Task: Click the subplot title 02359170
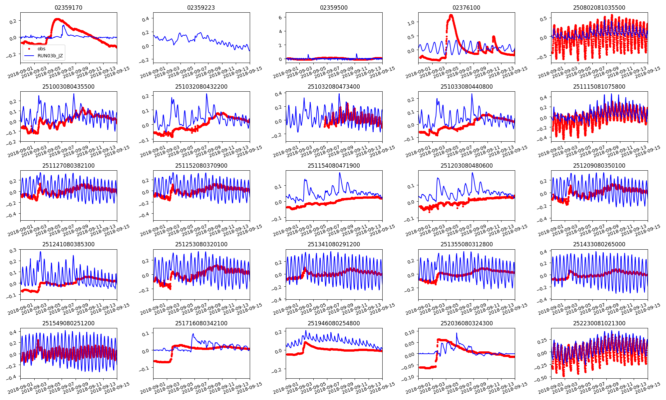68,8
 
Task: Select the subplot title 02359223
201,8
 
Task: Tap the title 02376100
466,8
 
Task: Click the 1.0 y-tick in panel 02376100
411,23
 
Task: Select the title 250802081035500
599,8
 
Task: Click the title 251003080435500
68,87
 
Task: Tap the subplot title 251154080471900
334,166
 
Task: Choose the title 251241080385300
68,244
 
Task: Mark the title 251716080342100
201,323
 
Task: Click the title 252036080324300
466,323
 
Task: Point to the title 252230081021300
599,323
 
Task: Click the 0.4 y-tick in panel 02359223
146,19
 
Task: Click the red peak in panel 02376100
451,15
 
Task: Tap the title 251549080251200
68,323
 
